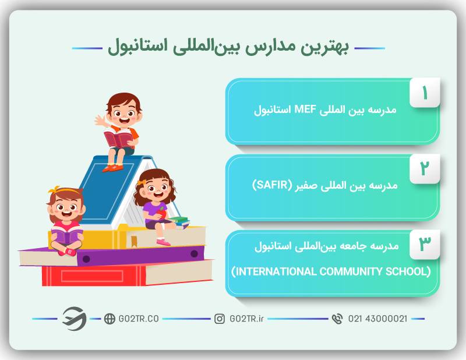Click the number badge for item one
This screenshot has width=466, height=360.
[425, 93]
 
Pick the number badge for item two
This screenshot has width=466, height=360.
[425, 168]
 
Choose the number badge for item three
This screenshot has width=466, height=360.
[425, 244]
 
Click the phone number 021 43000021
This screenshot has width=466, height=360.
[377, 319]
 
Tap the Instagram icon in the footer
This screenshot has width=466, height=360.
[220, 319]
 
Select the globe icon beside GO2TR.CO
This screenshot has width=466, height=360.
[110, 319]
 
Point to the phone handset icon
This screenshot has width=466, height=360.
[337, 319]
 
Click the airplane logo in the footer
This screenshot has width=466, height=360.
[75, 319]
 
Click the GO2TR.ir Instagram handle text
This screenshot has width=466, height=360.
[246, 319]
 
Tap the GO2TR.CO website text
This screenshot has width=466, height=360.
[139, 319]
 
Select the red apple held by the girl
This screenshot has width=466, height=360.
[162, 213]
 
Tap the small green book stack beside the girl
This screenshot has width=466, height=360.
[179, 221]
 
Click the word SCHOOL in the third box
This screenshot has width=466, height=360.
[408, 271]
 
